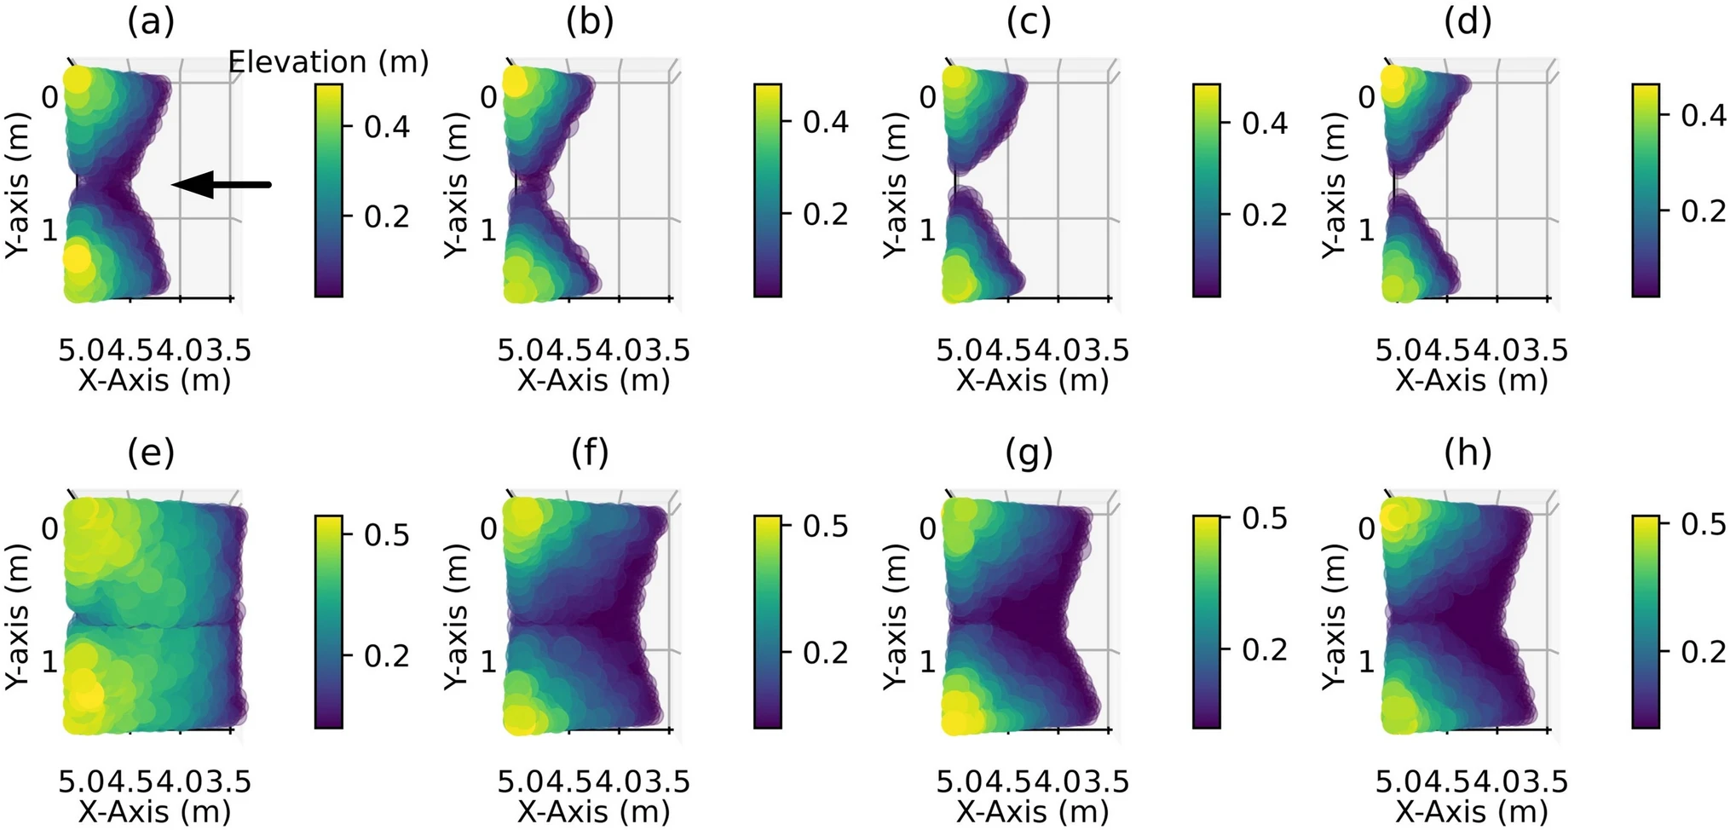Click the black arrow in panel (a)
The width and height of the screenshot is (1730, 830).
(222, 184)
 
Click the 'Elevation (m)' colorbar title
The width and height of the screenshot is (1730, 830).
(328, 62)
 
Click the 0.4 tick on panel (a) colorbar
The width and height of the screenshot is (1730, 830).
(387, 127)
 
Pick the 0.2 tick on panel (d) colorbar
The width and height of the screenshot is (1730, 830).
(1703, 210)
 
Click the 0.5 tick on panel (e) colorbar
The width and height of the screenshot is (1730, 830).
(387, 535)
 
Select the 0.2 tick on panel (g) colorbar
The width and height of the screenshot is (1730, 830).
(1265, 649)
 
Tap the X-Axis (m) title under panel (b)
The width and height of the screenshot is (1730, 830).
(593, 380)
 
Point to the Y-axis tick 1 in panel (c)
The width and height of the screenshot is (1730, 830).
(927, 230)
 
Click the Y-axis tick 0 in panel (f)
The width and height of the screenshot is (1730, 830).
(488, 528)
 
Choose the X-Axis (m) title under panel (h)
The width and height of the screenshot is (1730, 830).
(1471, 811)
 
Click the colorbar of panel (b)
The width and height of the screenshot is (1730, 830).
(767, 190)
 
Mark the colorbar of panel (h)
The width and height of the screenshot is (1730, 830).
(1645, 621)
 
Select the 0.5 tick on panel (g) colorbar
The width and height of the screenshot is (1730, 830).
(1265, 518)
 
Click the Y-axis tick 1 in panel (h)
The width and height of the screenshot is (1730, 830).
(1366, 661)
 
